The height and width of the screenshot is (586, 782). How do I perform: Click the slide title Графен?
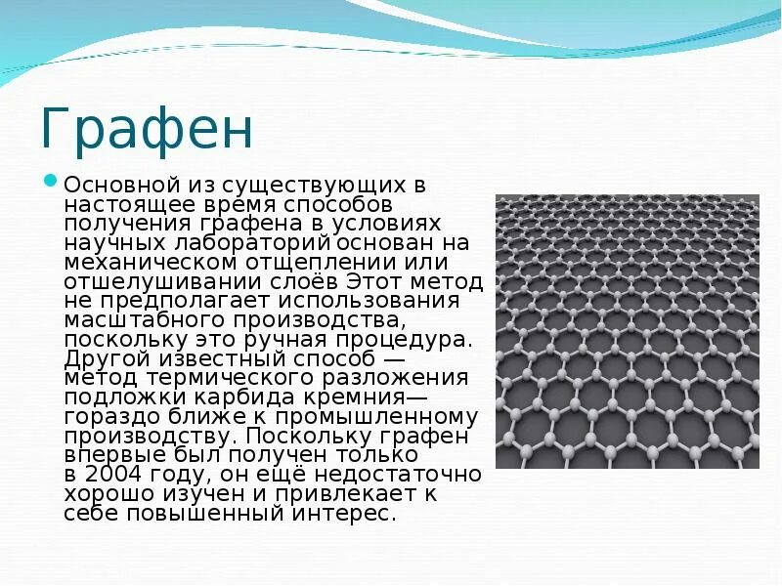tap(147, 129)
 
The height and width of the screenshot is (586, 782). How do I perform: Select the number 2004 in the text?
tap(107, 475)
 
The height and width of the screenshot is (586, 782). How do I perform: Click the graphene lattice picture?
tap(627, 331)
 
